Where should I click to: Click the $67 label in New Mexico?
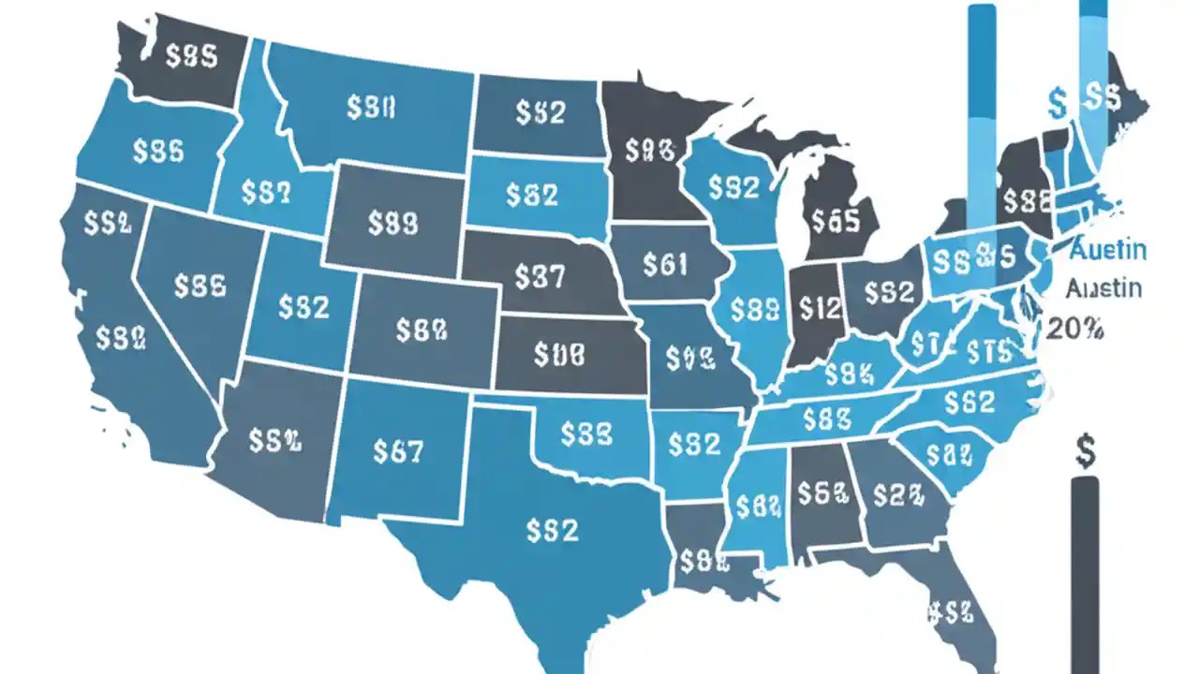[x=398, y=451]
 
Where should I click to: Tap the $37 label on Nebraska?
[x=540, y=276]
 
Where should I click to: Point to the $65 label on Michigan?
[x=836, y=220]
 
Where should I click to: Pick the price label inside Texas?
[x=552, y=531]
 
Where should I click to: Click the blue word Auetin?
[x=1107, y=250]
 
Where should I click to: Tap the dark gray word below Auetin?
[x=1105, y=287]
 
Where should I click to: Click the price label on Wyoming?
[x=392, y=222]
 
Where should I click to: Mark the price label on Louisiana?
[x=703, y=561]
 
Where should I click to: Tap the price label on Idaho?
[x=266, y=192]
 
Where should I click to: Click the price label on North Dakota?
[x=540, y=112]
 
